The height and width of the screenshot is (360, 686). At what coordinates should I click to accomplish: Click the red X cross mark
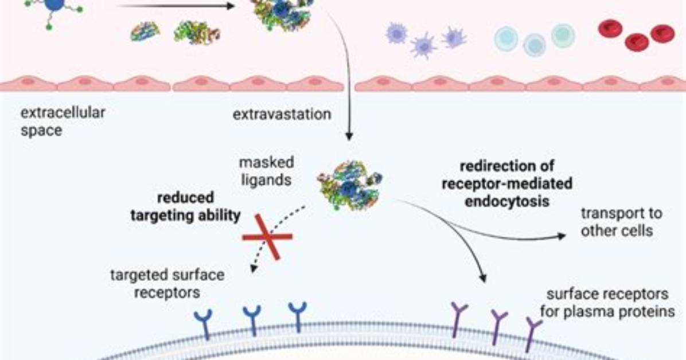point(267,237)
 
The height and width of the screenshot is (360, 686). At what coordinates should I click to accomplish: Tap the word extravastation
point(282,114)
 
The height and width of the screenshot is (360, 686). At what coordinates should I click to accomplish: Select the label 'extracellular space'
point(63,121)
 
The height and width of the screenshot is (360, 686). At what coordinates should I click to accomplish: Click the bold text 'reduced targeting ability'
point(185,206)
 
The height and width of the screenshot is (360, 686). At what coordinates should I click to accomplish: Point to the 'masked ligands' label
point(267,171)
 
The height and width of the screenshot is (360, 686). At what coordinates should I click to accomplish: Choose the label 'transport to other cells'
point(621,222)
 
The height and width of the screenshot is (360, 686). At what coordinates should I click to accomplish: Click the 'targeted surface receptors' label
point(167,283)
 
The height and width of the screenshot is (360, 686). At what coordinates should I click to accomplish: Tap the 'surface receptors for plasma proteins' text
point(607,303)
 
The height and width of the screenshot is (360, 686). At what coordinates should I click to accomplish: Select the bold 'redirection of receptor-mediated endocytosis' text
point(507,183)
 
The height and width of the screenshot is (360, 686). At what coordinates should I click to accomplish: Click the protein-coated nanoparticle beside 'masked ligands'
point(349,185)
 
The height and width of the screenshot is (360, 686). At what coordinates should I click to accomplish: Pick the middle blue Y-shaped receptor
point(252,320)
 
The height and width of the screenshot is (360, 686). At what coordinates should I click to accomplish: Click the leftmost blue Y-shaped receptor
point(204,324)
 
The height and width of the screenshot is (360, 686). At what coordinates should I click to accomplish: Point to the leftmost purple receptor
point(458,319)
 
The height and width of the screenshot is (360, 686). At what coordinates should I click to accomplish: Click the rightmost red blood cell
point(662,34)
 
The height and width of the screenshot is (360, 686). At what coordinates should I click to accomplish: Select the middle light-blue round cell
point(535,45)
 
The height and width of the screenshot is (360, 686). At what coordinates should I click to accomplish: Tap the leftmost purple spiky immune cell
point(396,34)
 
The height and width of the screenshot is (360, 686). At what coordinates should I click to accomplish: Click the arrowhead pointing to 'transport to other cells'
point(562,236)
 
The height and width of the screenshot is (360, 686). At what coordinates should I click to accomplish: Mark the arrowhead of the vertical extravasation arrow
point(349,136)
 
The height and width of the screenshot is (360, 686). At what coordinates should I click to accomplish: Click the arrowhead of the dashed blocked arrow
point(254,268)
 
